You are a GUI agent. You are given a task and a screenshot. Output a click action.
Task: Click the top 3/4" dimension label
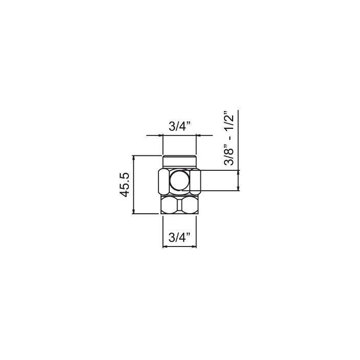pyautogui.click(x=180, y=126)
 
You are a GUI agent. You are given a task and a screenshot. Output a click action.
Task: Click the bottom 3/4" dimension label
pyautogui.click(x=179, y=238)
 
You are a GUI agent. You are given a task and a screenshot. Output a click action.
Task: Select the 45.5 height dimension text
pyautogui.click(x=125, y=185)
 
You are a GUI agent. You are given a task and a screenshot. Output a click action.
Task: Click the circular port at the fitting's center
pyautogui.click(x=180, y=181)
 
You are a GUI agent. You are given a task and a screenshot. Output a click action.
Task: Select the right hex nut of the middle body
pyautogui.click(x=195, y=181)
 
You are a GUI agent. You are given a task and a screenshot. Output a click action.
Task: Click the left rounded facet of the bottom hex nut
pyautogui.click(x=169, y=205)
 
